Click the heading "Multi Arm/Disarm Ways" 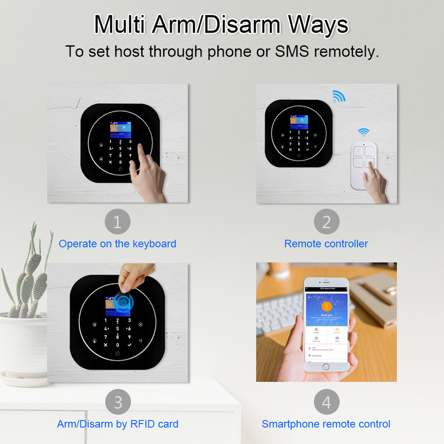click(x=221, y=25)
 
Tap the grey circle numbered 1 click(x=117, y=223)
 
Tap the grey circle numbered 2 click(x=326, y=223)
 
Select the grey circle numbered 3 click(x=117, y=401)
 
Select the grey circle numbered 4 click(x=326, y=401)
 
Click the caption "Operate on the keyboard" click(x=117, y=244)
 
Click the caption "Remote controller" click(x=326, y=244)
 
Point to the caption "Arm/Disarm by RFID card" click(x=118, y=424)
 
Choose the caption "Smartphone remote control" click(x=326, y=424)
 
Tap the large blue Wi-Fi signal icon click(x=338, y=97)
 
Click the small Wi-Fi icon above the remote click(x=364, y=133)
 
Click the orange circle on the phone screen click(x=327, y=306)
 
